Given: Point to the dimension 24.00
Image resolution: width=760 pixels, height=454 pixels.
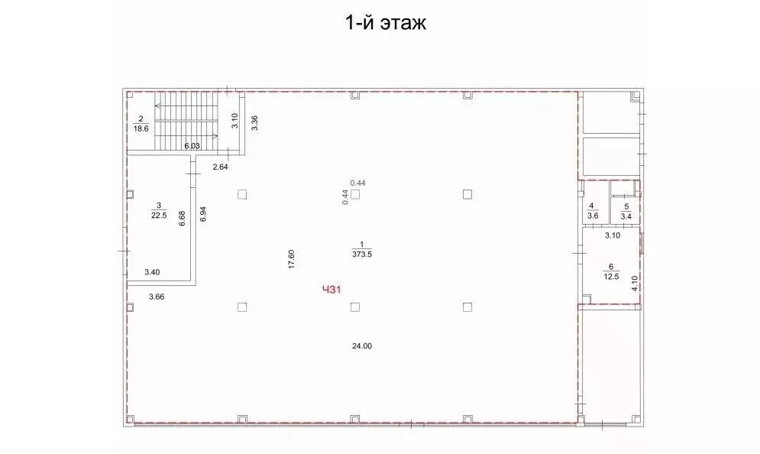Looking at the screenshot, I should [x=361, y=345].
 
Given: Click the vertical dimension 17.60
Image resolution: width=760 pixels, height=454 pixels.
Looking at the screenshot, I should [x=292, y=260].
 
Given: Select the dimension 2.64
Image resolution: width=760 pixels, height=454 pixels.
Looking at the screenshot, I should [x=221, y=167].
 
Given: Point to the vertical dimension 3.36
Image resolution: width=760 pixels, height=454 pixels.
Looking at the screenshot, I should [x=254, y=122].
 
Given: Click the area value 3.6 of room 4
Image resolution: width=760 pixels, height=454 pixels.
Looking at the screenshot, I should [x=592, y=216].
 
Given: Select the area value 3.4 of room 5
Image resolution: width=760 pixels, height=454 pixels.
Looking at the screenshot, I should [x=626, y=216].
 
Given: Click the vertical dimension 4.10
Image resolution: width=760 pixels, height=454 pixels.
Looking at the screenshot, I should [x=634, y=284].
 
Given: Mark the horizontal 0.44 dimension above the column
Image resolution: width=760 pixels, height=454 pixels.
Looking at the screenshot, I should [x=357, y=182].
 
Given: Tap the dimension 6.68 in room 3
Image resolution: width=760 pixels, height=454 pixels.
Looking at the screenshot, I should [x=182, y=219].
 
